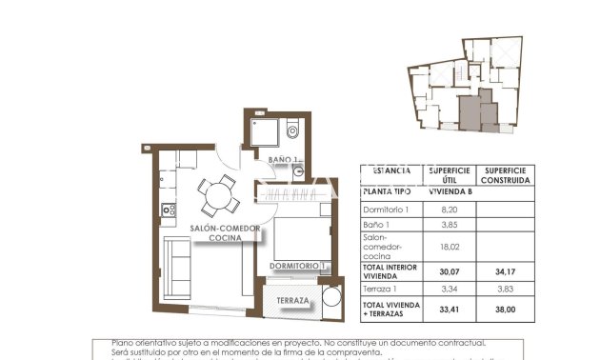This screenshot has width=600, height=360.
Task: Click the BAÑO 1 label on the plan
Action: click(x=283, y=159)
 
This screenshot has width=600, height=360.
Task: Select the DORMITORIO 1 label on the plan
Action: click(x=298, y=266)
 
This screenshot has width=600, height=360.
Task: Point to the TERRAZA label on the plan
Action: click(x=292, y=301)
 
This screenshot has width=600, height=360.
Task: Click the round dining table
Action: click(x=220, y=195)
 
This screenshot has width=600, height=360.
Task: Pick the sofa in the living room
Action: click(x=177, y=269)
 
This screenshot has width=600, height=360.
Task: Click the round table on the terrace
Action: click(x=330, y=300)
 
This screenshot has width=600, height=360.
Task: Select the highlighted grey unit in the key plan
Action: click(x=470, y=111)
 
